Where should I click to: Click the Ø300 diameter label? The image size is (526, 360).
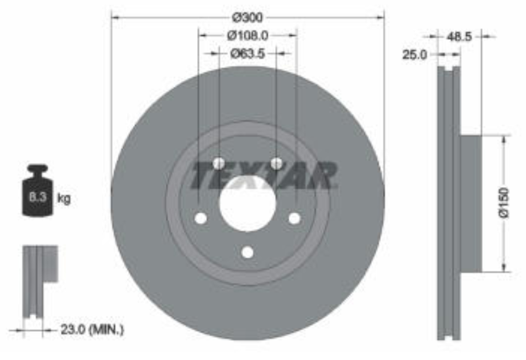tap(248, 18)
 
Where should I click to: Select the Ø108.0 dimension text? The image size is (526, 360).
tap(248, 35)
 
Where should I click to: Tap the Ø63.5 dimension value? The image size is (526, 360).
tap(248, 54)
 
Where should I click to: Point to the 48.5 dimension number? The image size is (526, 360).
tap(459, 36)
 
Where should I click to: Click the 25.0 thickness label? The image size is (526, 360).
tap(415, 55)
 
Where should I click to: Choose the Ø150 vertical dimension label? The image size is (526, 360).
tap(504, 203)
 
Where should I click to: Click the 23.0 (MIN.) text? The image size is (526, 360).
tap(92, 330)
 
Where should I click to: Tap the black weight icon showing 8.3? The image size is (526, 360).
tap(38, 190)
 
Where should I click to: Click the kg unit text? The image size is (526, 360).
tap(64, 198)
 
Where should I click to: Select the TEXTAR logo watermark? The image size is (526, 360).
tap(264, 176)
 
